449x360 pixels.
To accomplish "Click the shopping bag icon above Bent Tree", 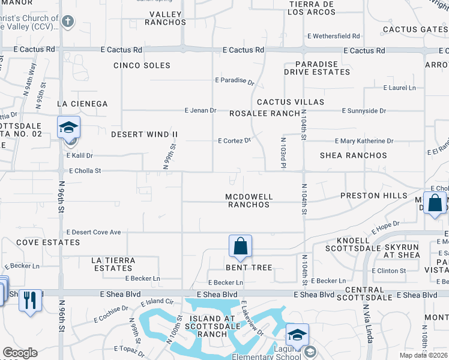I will (240, 245).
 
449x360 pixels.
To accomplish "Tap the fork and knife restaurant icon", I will (30, 299).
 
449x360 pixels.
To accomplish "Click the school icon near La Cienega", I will (69, 128).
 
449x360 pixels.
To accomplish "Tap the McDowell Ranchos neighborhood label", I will (249, 200).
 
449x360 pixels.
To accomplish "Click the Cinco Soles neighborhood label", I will (142, 65).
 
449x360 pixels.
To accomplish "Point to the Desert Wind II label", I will (145, 134).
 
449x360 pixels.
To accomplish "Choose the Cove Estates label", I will (48, 242).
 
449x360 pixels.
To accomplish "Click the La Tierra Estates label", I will (113, 265).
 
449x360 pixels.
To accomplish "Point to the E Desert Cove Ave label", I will (94, 232).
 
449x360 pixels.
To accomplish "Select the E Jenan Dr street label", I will (200, 111).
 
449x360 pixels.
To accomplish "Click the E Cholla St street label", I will (85, 171).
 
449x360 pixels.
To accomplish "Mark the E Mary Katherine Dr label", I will (364, 141).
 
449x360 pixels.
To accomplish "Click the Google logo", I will (20, 353).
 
